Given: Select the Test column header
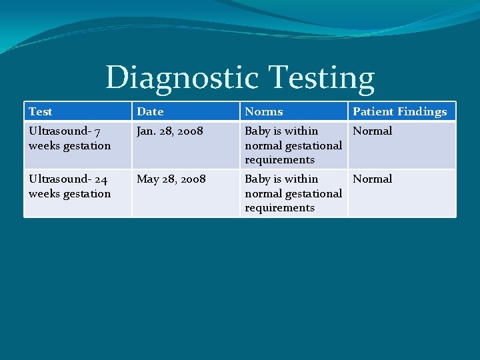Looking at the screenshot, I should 41,111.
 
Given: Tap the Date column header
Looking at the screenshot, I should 150,111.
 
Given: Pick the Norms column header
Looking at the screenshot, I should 264,111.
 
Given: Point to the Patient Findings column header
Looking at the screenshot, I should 400,111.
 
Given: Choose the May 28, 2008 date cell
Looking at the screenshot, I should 171,179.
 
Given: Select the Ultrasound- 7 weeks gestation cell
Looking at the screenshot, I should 69,138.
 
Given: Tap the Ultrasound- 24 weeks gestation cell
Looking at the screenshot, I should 69,186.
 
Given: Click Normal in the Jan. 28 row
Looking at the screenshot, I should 373,131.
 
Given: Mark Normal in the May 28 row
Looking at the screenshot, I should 373,179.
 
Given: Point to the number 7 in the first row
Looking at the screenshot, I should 98,131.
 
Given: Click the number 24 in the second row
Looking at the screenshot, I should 100,179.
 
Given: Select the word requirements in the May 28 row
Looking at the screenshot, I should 279,207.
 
